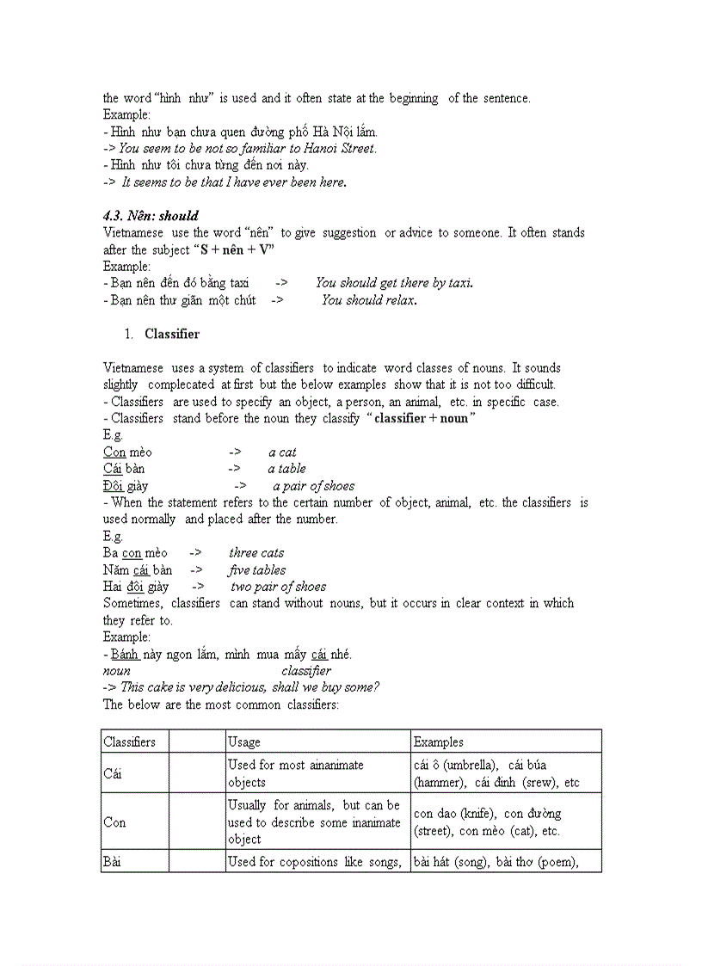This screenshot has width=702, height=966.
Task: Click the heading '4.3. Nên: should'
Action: click(151, 216)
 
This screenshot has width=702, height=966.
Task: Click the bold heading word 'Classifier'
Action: click(172, 334)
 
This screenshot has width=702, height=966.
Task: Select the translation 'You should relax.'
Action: click(369, 300)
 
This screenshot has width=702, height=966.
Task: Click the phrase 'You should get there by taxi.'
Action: click(394, 283)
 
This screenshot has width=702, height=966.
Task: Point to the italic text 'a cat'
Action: click(282, 452)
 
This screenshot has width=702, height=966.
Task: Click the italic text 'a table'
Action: click(286, 469)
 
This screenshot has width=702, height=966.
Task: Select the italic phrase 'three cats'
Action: click(256, 553)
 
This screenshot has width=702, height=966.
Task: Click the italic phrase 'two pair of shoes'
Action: click(279, 587)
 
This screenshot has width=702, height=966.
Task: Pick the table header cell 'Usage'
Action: click(244, 741)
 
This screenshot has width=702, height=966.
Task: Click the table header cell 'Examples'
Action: click(438, 741)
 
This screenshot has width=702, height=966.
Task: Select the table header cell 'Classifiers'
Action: click(129, 741)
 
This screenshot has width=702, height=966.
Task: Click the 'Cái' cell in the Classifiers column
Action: click(113, 773)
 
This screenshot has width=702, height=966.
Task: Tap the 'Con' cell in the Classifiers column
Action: click(114, 822)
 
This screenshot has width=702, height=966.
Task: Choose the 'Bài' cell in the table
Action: click(113, 861)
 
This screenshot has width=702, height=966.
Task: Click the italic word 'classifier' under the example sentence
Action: click(306, 671)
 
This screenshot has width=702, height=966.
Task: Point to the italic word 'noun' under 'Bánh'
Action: click(117, 671)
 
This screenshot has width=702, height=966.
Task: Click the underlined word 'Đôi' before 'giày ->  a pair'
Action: click(114, 486)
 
